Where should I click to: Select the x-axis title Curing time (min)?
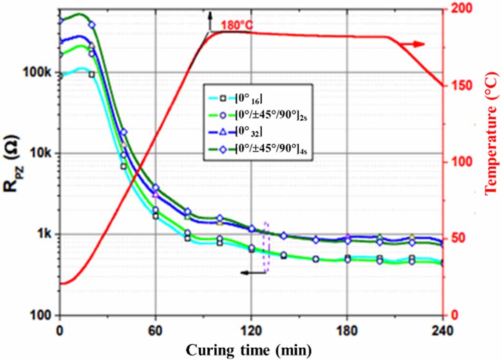(x=250, y=350)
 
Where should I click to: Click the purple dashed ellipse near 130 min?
(x=266, y=247)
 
